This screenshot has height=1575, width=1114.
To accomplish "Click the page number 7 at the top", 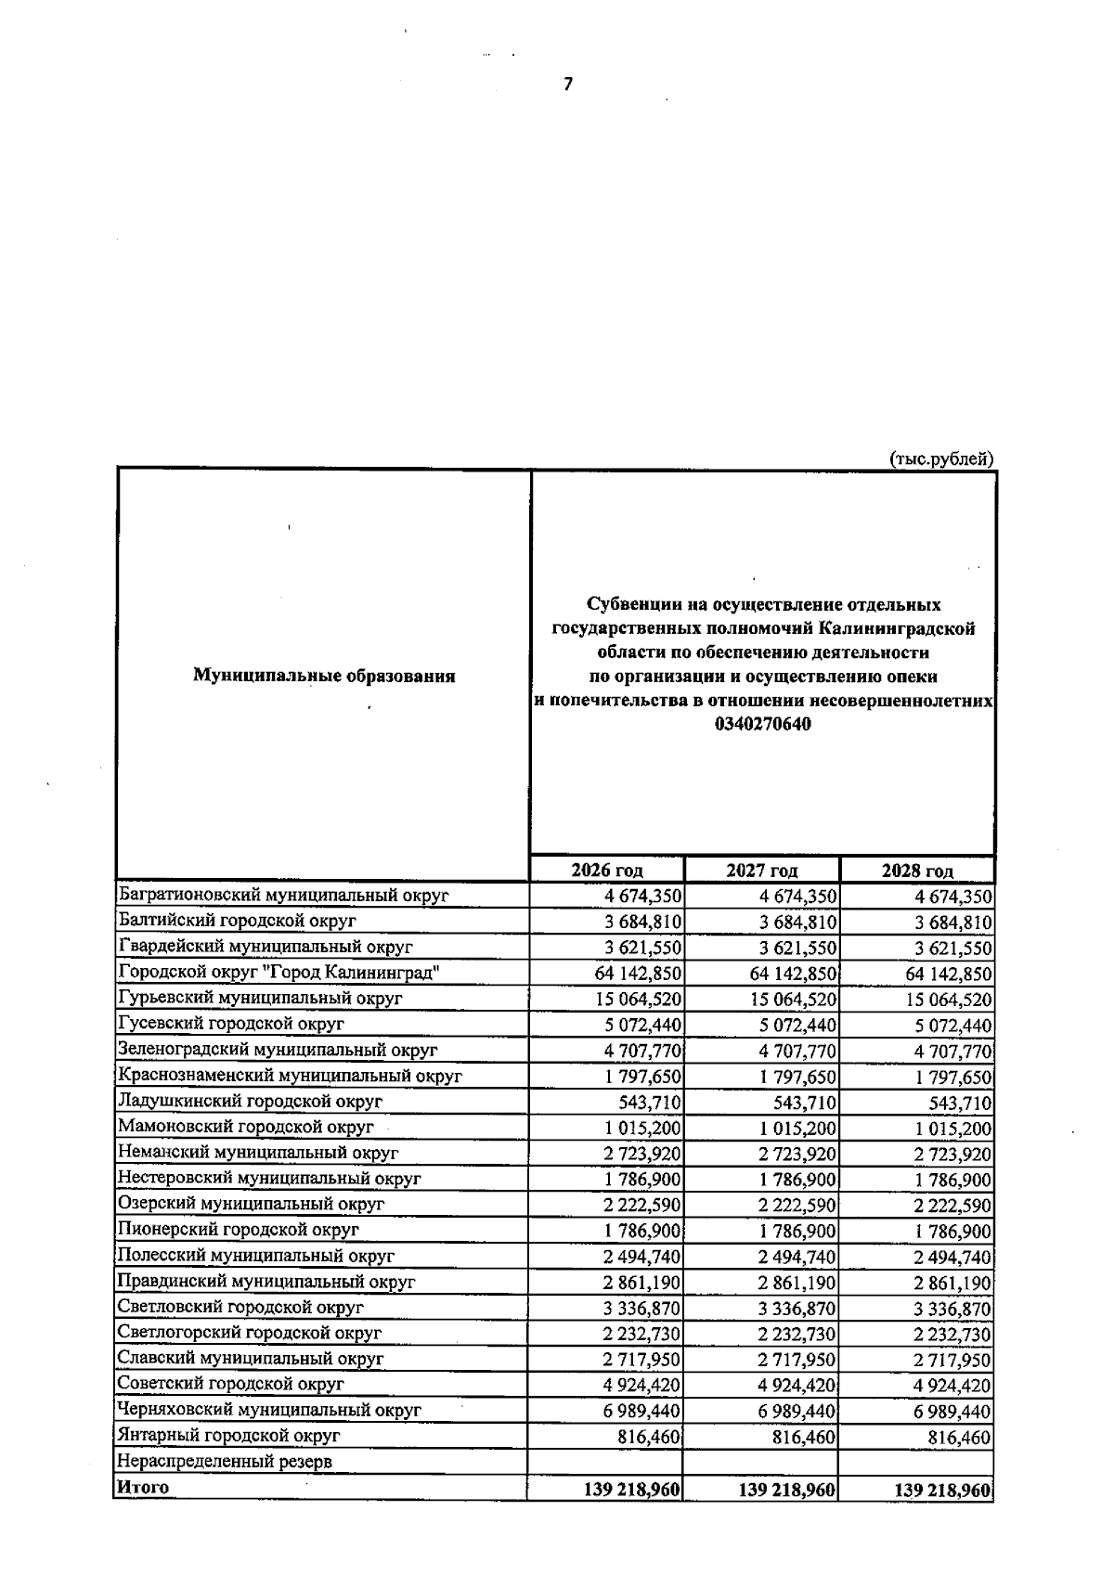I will click(x=568, y=84).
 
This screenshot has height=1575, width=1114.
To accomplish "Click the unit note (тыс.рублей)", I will click(x=941, y=458).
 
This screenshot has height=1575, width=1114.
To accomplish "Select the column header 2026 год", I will click(x=607, y=871).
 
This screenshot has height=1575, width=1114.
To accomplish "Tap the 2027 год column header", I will click(x=762, y=871).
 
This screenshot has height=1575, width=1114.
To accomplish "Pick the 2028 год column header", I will click(x=917, y=871).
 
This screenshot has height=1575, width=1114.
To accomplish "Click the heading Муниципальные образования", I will click(x=324, y=676).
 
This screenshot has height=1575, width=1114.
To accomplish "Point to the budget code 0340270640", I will click(x=763, y=724).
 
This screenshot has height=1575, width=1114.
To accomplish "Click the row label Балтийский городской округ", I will click(x=238, y=921).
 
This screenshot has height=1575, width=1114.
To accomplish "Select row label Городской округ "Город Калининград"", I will click(x=278, y=973).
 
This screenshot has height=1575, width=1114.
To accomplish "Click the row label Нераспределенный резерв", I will click(x=225, y=1462).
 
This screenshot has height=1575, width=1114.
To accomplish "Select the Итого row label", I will click(x=143, y=1487).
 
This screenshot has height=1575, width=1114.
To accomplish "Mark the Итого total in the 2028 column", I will click(x=942, y=1490).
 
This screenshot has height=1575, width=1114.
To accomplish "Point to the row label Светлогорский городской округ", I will click(x=250, y=1333).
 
